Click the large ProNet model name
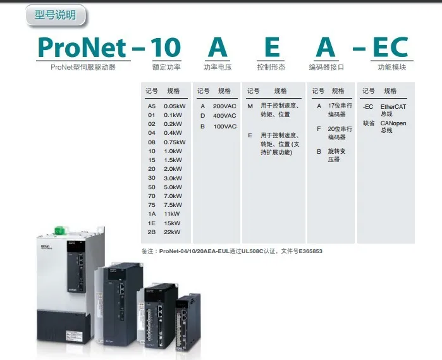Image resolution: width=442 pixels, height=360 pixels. [83, 47]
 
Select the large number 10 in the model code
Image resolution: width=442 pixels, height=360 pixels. [166, 47]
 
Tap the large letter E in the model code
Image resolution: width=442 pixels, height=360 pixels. [272, 47]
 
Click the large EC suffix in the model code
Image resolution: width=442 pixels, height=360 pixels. [390, 47]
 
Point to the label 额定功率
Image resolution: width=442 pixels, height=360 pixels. [166, 66]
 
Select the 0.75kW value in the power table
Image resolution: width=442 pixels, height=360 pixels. [175, 142]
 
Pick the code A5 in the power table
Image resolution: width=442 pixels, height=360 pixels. [152, 106]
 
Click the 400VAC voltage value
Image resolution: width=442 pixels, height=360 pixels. [224, 116]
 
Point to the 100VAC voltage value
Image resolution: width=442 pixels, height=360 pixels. [224, 127]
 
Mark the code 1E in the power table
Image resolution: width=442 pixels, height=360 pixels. [152, 223]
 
